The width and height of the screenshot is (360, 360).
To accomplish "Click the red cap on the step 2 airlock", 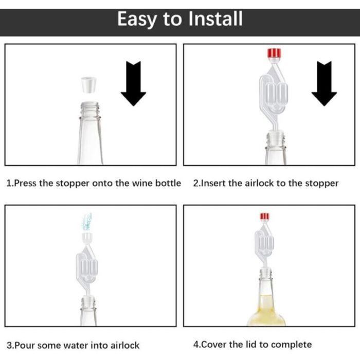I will click(x=273, y=53).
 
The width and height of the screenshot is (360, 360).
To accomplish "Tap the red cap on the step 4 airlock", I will click(x=265, y=217).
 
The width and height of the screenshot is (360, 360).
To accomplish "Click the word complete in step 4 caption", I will click(x=294, y=345).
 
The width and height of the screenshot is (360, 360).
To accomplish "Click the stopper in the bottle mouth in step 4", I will click(x=265, y=272).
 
